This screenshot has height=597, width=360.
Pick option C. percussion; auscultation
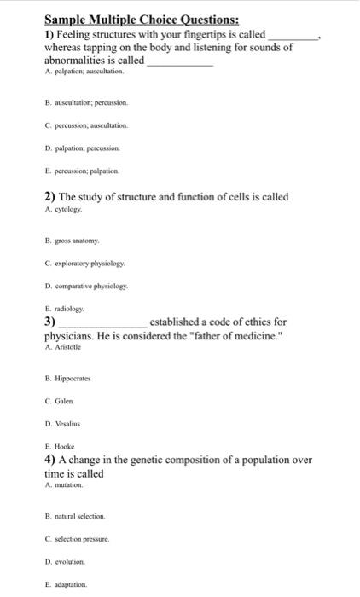coord(86,125)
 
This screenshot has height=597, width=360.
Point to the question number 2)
coord(49,197)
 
